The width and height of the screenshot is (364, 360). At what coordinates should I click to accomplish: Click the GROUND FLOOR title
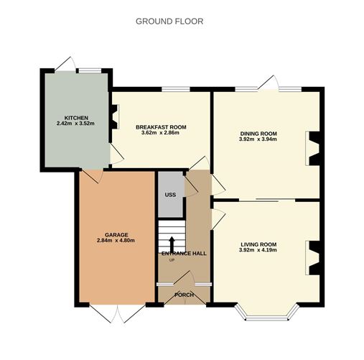(x=169, y=22)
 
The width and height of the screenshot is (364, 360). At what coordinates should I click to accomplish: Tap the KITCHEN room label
(x=76, y=118)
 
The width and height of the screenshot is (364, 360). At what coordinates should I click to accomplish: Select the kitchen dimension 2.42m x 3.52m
(x=75, y=124)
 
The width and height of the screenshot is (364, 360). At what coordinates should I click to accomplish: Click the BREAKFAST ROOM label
(x=161, y=127)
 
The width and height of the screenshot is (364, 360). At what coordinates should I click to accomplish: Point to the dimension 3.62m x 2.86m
(x=160, y=133)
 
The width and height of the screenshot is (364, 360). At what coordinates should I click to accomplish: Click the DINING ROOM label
(x=258, y=134)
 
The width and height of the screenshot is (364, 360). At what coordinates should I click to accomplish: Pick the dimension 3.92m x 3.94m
(x=258, y=139)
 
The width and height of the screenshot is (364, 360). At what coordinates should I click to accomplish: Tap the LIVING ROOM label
(x=258, y=244)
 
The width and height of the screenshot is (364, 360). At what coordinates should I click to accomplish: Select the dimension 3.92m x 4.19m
(x=258, y=250)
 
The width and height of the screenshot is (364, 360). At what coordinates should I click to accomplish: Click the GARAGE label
(x=116, y=235)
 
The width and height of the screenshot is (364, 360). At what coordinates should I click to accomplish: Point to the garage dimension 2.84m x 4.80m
(x=116, y=241)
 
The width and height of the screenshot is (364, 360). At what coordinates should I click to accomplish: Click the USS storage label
(x=170, y=195)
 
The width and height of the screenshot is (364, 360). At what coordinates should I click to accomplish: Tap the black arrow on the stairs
(x=172, y=244)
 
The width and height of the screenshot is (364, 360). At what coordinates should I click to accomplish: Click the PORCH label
(x=184, y=295)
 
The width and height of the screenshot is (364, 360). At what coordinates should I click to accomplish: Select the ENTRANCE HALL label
(x=184, y=254)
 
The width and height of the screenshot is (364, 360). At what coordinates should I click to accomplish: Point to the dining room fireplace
(x=312, y=149)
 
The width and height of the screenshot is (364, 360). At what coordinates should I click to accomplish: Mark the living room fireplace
(x=312, y=258)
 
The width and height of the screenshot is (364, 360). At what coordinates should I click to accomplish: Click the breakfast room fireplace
(x=114, y=116)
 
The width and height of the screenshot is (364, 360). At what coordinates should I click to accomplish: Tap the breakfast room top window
(x=176, y=89)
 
